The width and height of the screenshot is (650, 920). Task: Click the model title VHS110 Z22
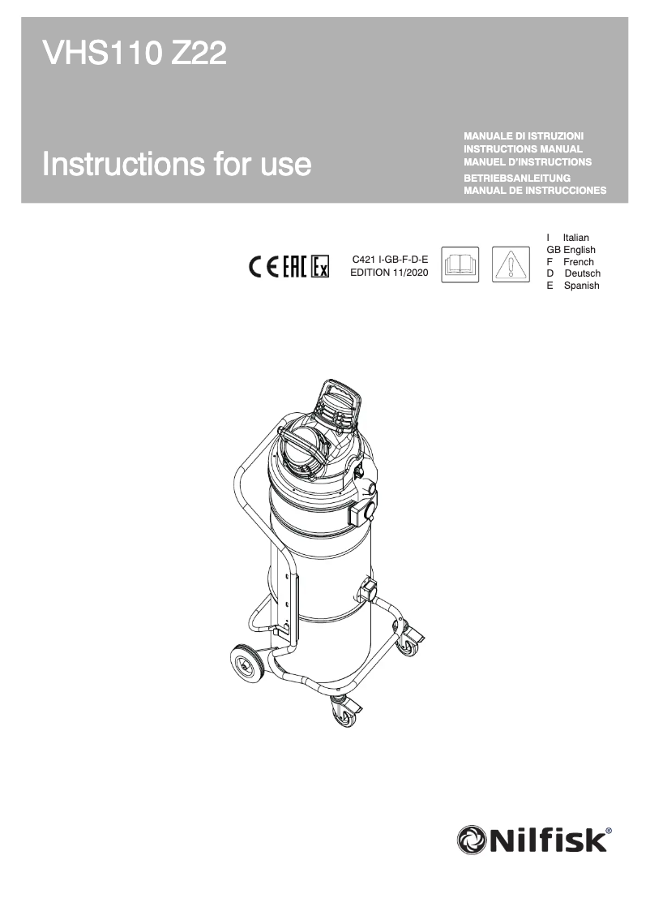134,55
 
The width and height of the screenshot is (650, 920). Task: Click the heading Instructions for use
177,164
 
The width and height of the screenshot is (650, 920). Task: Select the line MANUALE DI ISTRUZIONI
524,135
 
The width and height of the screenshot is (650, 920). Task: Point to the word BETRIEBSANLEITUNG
518,178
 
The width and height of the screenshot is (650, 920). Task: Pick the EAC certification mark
293,266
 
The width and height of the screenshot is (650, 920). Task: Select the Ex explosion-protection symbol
320,266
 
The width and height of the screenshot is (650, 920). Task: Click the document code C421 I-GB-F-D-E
389,260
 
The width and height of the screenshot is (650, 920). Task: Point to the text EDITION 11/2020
389,273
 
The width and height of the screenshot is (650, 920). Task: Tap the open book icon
460,265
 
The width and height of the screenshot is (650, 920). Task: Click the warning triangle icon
511,265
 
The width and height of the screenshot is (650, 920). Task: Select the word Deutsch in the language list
582,273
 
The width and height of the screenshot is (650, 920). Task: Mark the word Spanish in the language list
581,286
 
